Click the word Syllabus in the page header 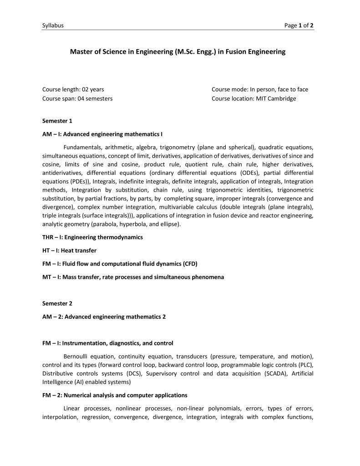pyautogui.click(x=53, y=26)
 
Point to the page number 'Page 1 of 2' pyautogui.click(x=299, y=26)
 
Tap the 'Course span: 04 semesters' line pyautogui.click(x=77, y=98)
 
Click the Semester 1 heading pyautogui.click(x=57, y=121)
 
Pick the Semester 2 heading pyautogui.click(x=57, y=303)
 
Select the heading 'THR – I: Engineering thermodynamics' pyautogui.click(x=92, y=237)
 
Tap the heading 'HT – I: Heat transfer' pyautogui.click(x=69, y=251)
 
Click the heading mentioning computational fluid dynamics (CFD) pyautogui.click(x=120, y=264)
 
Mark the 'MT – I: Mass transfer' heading pyautogui.click(x=133, y=277)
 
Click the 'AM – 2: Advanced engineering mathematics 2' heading pyautogui.click(x=104, y=317)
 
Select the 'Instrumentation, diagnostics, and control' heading pyautogui.click(x=107, y=343)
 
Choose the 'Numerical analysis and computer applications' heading pyautogui.click(x=115, y=395)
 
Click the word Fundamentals pyautogui.click(x=82, y=147)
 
